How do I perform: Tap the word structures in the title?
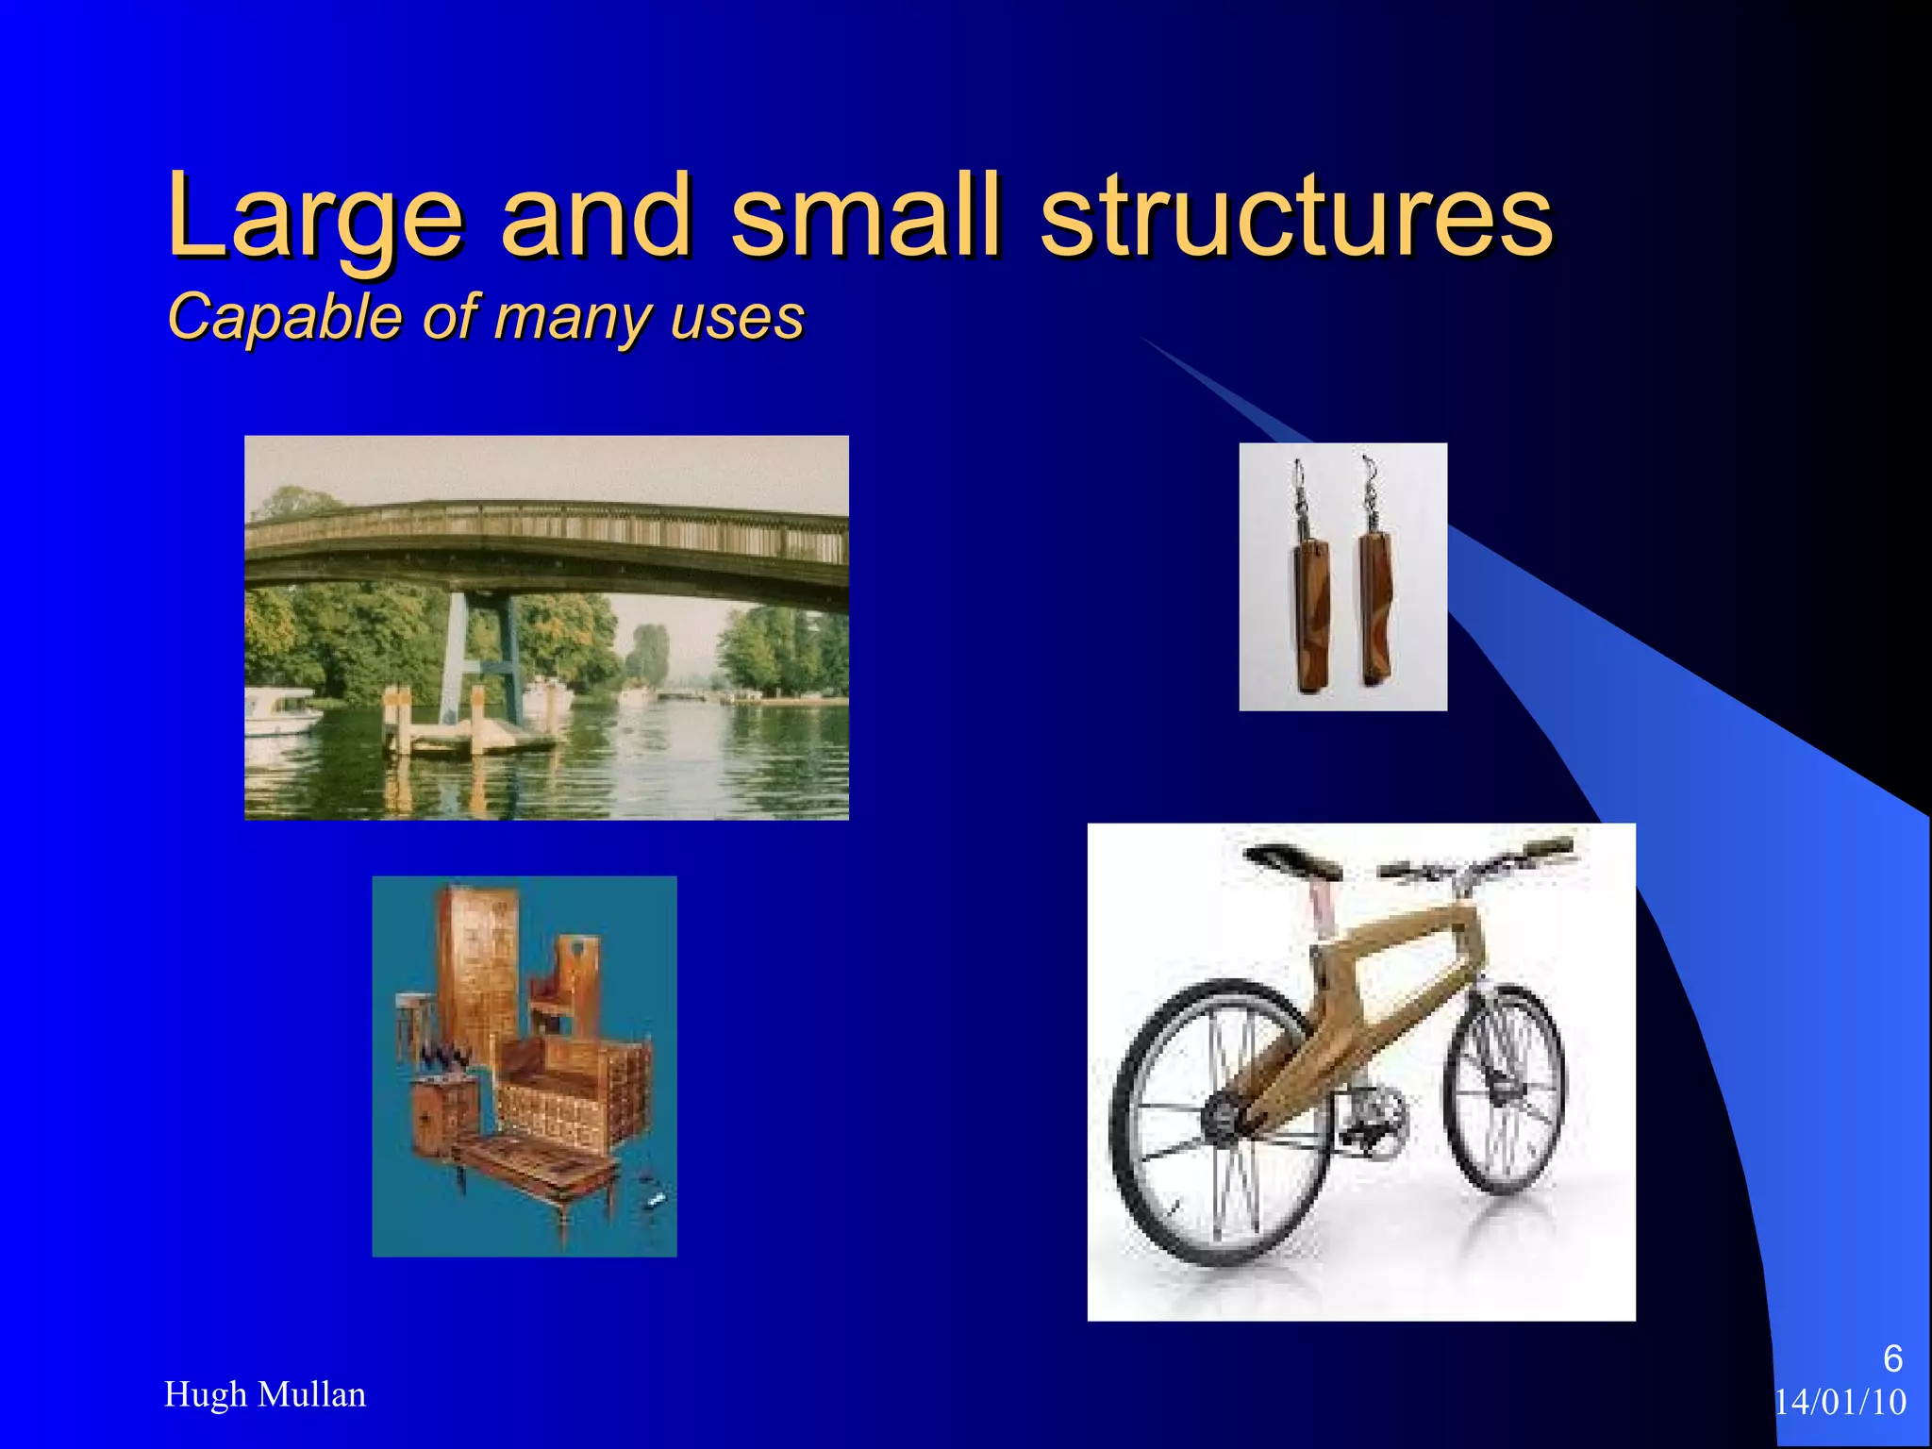click(1296, 217)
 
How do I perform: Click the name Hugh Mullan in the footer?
click(265, 1394)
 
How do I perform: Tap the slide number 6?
click(1892, 1358)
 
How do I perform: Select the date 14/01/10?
click(1840, 1403)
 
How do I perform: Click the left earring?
click(1310, 613)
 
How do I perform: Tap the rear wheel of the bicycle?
click(1217, 1123)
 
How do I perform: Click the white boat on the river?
click(281, 722)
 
